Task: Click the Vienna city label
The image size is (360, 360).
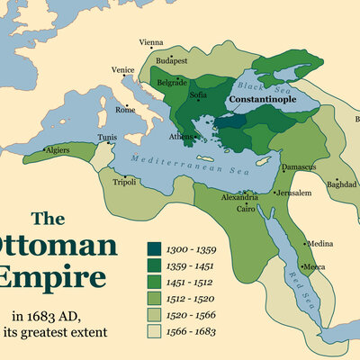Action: click(151, 42)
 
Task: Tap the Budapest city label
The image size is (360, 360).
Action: click(171, 60)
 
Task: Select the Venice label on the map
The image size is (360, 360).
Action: click(123, 70)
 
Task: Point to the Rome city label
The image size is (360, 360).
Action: click(125, 110)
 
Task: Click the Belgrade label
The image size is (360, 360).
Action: click(171, 82)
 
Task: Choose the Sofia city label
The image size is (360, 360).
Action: click(199, 93)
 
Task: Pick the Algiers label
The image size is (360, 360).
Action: click(57, 149)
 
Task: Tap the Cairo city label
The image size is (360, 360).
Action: click(247, 209)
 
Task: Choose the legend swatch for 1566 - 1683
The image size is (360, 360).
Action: click(155, 331)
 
